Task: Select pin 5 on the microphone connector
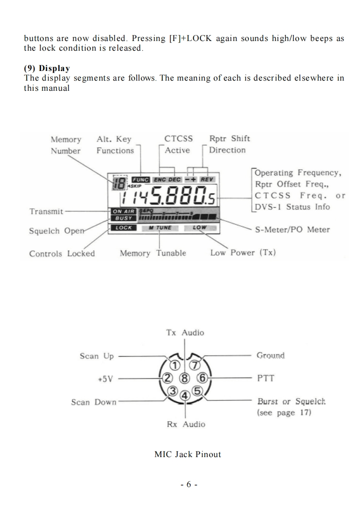click(197, 391)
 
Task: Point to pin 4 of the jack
click(185, 395)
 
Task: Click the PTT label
click(266, 379)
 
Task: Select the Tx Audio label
click(185, 333)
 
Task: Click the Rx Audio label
click(186, 424)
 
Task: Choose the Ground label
click(271, 356)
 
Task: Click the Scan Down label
click(94, 402)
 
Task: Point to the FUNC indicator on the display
click(141, 179)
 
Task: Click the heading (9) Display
click(47, 68)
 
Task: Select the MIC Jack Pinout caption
click(188, 454)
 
